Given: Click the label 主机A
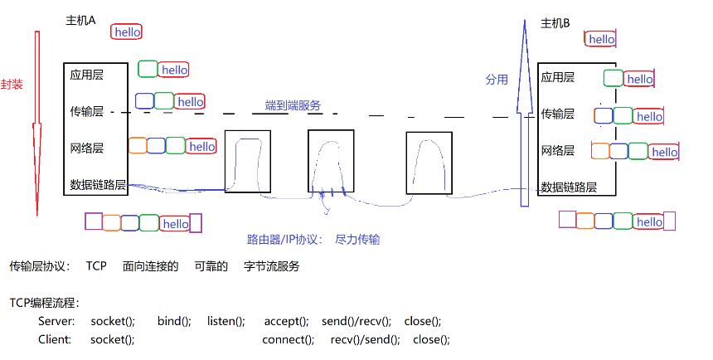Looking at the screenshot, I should [80, 21].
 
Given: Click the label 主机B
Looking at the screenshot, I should [555, 23].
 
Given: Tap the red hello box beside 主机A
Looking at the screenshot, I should [127, 32].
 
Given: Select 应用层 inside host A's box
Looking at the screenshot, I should [87, 75].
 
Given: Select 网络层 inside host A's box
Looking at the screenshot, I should [87, 148].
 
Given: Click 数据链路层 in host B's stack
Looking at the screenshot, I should [569, 187].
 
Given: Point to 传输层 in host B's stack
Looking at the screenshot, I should [557, 114].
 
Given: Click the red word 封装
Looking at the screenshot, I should [12, 85].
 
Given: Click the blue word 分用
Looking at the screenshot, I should [496, 80].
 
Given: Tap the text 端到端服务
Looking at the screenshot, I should [293, 105].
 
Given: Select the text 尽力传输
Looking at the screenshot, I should [357, 239].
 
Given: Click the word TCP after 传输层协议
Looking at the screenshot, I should [96, 266].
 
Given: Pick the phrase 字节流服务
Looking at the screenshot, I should [271, 266].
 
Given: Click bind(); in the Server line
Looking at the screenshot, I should [174, 321].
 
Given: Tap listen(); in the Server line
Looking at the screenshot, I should [226, 321].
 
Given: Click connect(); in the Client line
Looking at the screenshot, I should [288, 339].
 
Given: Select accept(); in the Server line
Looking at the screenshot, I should [286, 321].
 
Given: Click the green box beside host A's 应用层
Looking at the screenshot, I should [148, 69].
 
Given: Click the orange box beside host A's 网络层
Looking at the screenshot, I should [138, 146].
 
